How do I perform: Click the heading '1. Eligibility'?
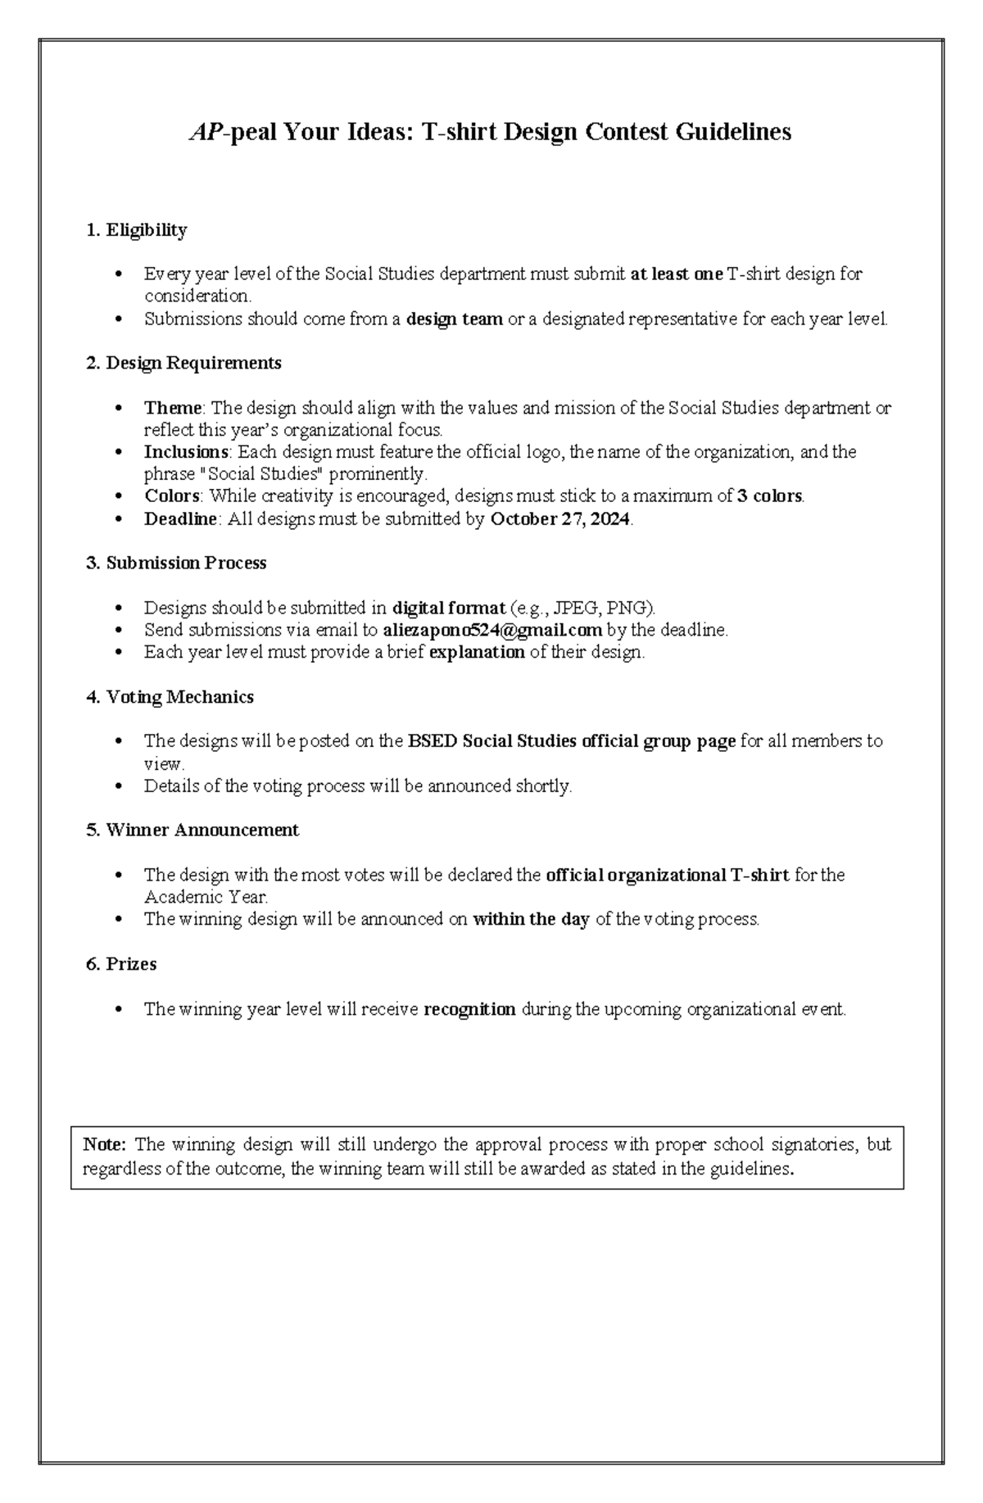pyautogui.click(x=136, y=230)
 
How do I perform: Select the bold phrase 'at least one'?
pyautogui.click(x=677, y=274)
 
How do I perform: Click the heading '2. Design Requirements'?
pyautogui.click(x=183, y=363)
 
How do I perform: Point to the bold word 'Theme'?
pyautogui.click(x=173, y=408)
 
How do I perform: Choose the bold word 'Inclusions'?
pyautogui.click(x=186, y=452)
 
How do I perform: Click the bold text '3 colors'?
pyautogui.click(x=770, y=496)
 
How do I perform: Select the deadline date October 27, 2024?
pyautogui.click(x=560, y=519)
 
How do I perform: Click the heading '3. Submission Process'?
pyautogui.click(x=176, y=564)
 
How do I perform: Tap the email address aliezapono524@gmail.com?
pyautogui.click(x=492, y=630)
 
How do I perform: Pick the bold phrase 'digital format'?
pyautogui.click(x=449, y=608)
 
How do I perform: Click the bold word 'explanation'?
pyautogui.click(x=477, y=653)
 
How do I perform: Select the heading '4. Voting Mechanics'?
pyautogui.click(x=170, y=697)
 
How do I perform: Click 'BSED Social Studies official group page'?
pyautogui.click(x=571, y=741)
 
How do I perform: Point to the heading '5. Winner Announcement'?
pyautogui.click(x=192, y=831)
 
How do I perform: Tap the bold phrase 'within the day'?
pyautogui.click(x=531, y=919)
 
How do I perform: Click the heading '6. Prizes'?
pyautogui.click(x=121, y=964)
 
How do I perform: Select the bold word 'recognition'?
pyautogui.click(x=469, y=1009)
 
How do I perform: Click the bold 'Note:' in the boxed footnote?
pyautogui.click(x=104, y=1144)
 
